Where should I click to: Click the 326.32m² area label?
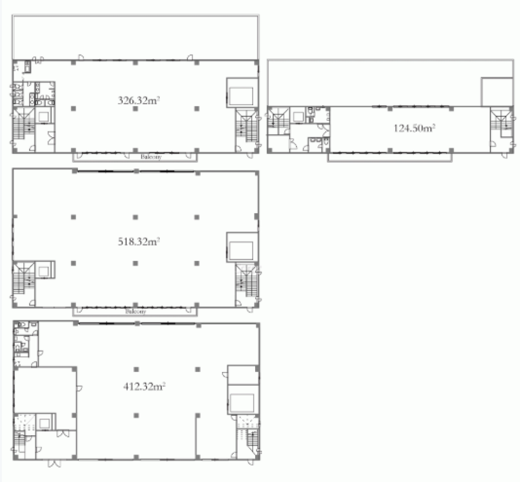pyautogui.click(x=139, y=100)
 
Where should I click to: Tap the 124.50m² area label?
pyautogui.click(x=414, y=128)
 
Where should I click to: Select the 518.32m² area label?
pyautogui.click(x=139, y=241)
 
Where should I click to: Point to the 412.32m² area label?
pyautogui.click(x=144, y=387)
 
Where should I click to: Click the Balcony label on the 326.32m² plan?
pyautogui.click(x=151, y=157)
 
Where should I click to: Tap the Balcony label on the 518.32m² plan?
pyautogui.click(x=136, y=311)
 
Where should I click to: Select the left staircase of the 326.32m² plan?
pyautogui.click(x=24, y=123)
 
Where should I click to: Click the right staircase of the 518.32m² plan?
pyautogui.click(x=247, y=281)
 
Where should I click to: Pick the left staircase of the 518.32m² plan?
pyautogui.click(x=24, y=277)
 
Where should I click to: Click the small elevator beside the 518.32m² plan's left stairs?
pyautogui.click(x=44, y=270)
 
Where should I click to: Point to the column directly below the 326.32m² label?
pyautogui.click(x=135, y=109)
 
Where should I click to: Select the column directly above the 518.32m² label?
pyautogui.click(x=135, y=217)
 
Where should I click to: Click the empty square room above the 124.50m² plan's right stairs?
pyautogui.click(x=497, y=92)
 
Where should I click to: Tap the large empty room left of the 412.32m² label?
pyautogui.click(x=45, y=390)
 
